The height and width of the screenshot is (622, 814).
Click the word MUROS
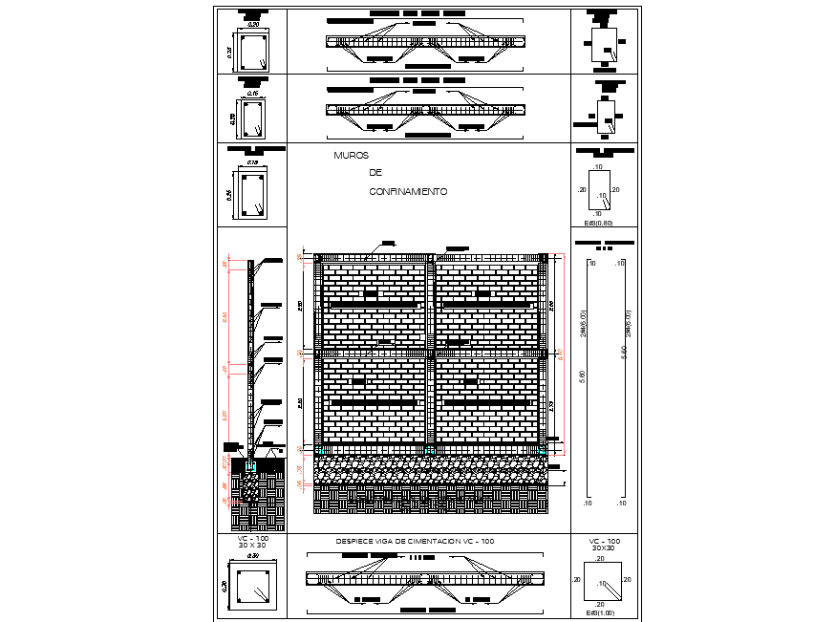point(351,156)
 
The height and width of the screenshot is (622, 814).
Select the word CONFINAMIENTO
point(408,192)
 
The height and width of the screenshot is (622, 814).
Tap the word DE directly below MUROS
point(375,173)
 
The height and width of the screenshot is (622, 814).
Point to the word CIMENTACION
point(439,542)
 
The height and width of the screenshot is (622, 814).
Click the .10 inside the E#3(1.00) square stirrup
point(603,582)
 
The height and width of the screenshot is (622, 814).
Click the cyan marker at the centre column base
point(430,449)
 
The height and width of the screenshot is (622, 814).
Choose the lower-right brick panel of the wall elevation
point(486,401)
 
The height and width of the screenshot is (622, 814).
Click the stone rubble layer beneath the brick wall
point(430,469)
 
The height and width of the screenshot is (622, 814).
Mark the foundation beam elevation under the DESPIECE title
point(423,578)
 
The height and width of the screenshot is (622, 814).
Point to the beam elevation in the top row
point(425,42)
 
